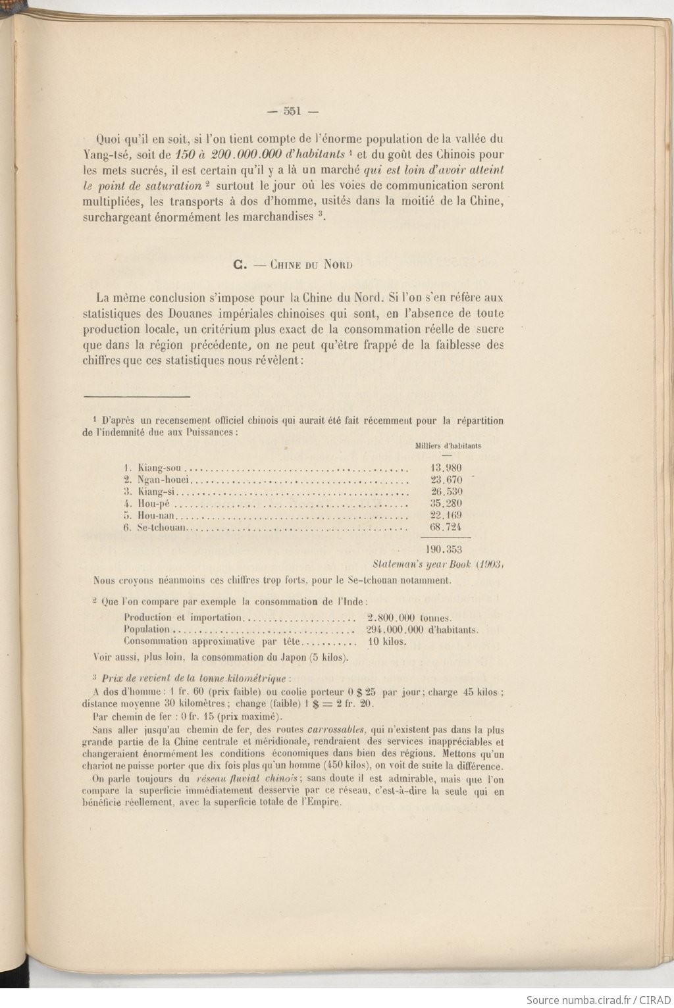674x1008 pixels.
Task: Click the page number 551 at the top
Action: [x=292, y=111]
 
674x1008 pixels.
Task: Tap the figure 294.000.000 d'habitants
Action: [x=422, y=629]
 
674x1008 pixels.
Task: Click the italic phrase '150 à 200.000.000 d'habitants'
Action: [x=261, y=155]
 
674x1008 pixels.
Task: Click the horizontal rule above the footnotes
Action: [x=136, y=397]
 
